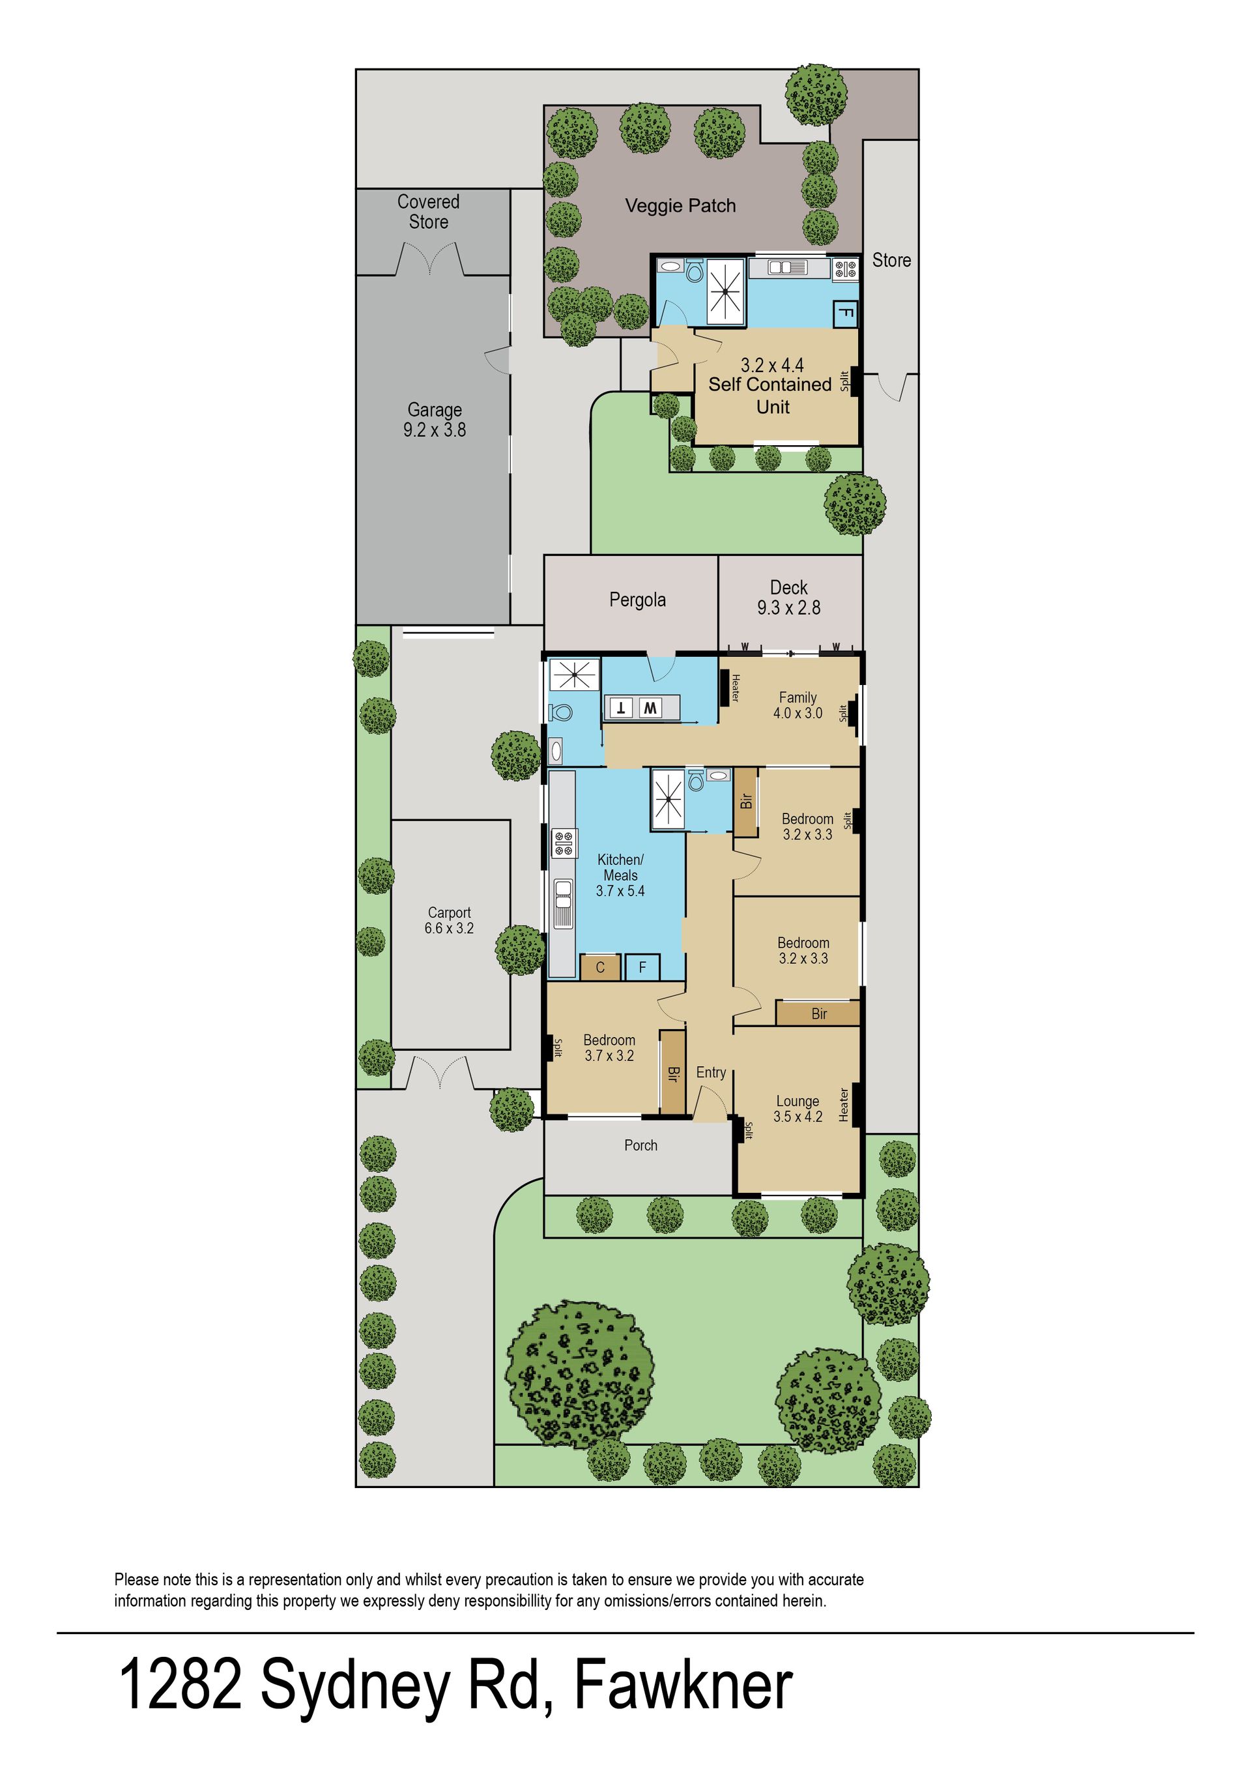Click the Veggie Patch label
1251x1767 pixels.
click(x=680, y=206)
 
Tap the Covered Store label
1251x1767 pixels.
click(x=428, y=212)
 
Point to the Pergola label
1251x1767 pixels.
click(x=637, y=600)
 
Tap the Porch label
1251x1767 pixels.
click(x=641, y=1146)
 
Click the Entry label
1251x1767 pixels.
click(x=711, y=1073)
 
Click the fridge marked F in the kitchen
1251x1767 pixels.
click(x=642, y=968)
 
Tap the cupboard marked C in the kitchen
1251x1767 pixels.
click(x=600, y=968)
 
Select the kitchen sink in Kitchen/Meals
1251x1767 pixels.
click(x=563, y=904)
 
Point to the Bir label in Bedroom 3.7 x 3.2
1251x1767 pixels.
click(x=673, y=1073)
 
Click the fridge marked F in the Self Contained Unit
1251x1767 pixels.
click(x=845, y=314)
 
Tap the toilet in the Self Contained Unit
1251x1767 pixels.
click(x=694, y=271)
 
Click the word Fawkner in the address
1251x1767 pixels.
click(x=684, y=1686)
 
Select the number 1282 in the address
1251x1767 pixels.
click(x=179, y=1686)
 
